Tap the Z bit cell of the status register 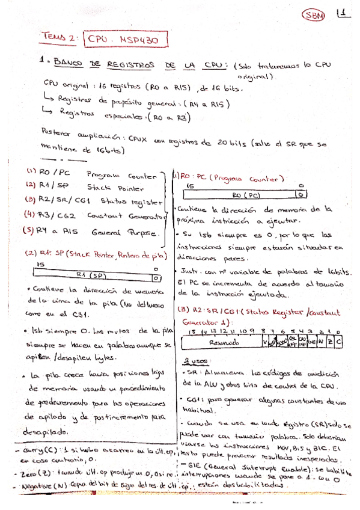coord(329,342)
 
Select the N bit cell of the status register coord(320,342)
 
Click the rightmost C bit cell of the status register coord(338,342)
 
